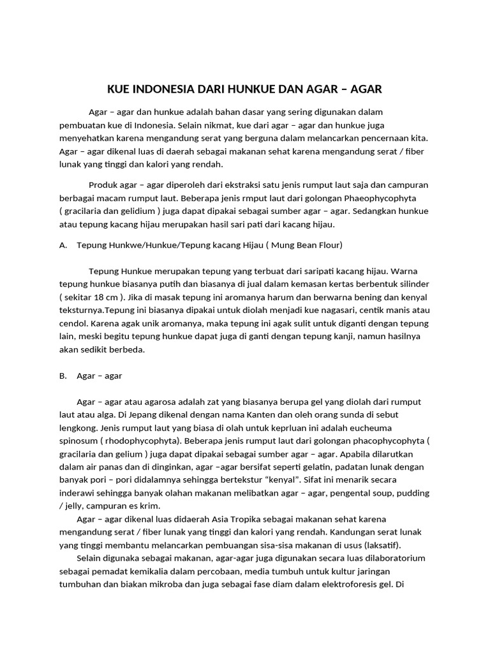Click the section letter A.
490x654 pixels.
(63, 245)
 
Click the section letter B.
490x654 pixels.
(63, 376)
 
